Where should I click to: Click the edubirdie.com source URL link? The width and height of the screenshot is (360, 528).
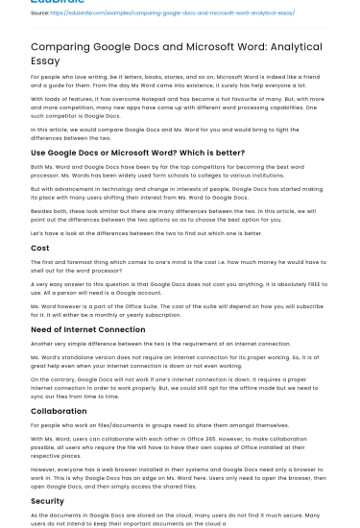pos(172,13)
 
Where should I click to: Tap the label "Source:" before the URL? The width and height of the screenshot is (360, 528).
pos(39,13)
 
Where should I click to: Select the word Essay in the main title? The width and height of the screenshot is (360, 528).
pos(45,60)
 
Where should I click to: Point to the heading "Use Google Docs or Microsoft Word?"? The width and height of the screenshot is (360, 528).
pos(137,153)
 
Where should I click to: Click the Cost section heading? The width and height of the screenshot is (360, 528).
pos(40,248)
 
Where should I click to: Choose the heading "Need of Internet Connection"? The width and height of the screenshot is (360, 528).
pos(87,329)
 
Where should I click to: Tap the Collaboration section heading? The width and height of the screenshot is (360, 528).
pos(59,411)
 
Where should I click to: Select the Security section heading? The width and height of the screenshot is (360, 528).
pos(47,501)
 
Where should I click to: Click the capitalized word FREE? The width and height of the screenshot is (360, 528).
pos(317,284)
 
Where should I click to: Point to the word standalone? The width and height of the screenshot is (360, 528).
pos(70,358)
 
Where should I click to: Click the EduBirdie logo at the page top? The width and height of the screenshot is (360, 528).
pos(58,2)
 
